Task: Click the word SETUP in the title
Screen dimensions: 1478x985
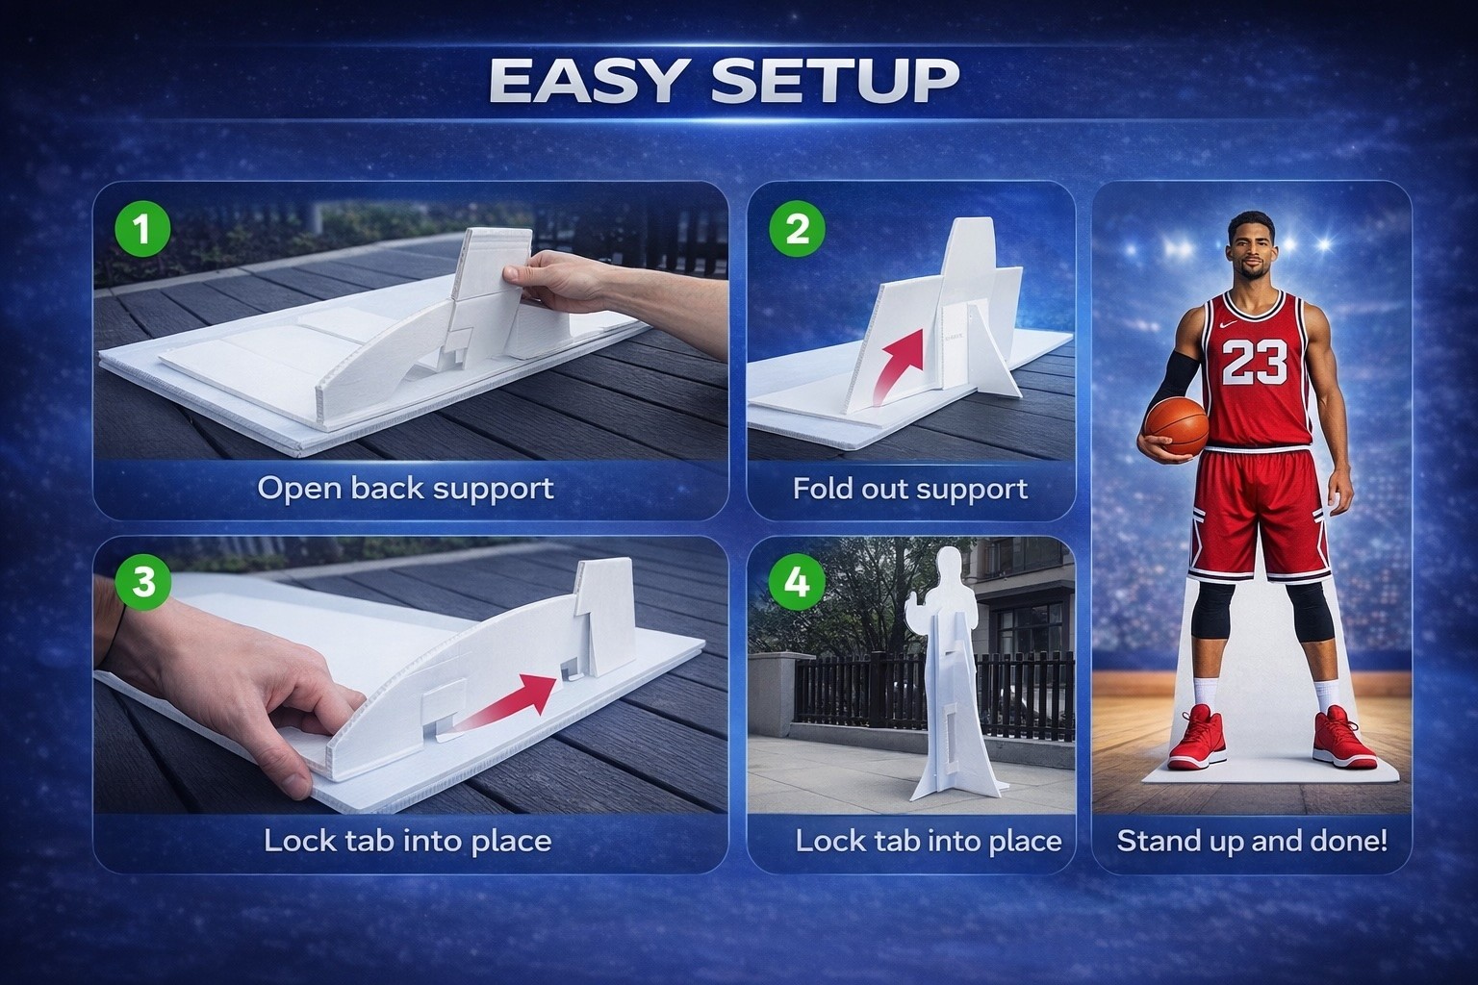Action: [x=836, y=81]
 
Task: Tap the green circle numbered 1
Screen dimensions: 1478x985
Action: [x=142, y=229]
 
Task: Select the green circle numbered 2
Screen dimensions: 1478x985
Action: [x=797, y=229]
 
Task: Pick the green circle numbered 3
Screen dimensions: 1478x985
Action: [x=142, y=583]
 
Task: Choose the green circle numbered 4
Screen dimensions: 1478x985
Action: [x=797, y=583]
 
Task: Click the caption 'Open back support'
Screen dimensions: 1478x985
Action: [x=406, y=490]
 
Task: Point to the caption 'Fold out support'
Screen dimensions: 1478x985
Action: [x=910, y=490]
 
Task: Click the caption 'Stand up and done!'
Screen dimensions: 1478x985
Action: [x=1252, y=841]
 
